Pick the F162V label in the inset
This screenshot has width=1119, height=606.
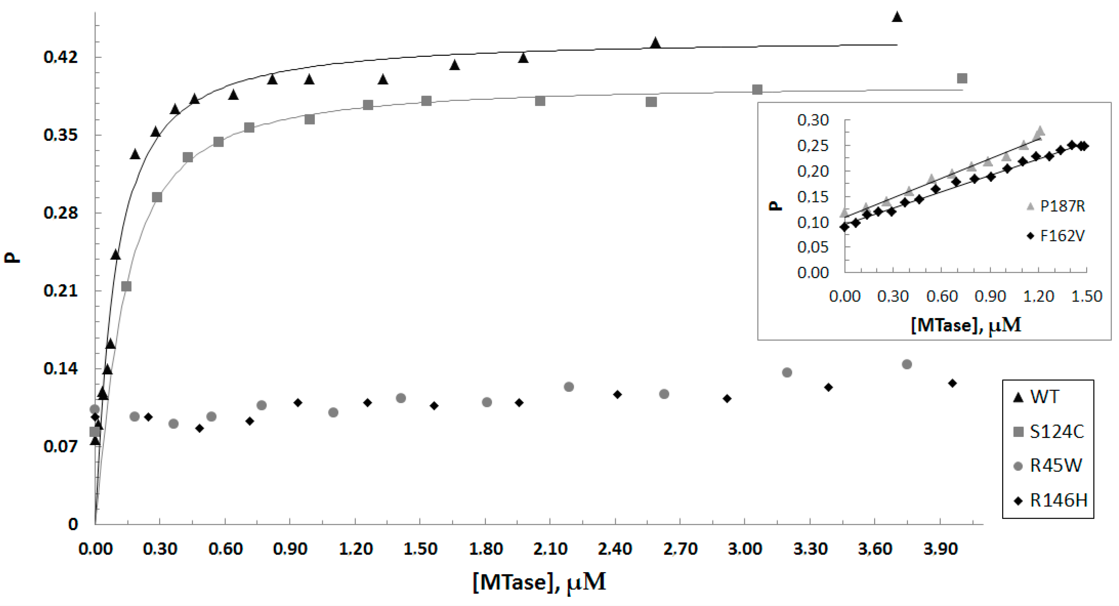(x=1062, y=236)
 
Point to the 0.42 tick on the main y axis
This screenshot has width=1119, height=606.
(x=60, y=57)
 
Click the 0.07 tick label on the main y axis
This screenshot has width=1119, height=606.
(x=60, y=446)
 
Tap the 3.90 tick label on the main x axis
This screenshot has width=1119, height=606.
(x=940, y=549)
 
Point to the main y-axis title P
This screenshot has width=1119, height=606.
(x=12, y=257)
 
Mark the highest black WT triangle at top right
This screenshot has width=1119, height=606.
(x=897, y=17)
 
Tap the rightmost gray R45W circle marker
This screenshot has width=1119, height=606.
(x=907, y=364)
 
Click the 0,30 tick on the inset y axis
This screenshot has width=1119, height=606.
(x=813, y=120)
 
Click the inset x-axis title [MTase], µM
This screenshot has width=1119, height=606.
(x=965, y=324)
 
